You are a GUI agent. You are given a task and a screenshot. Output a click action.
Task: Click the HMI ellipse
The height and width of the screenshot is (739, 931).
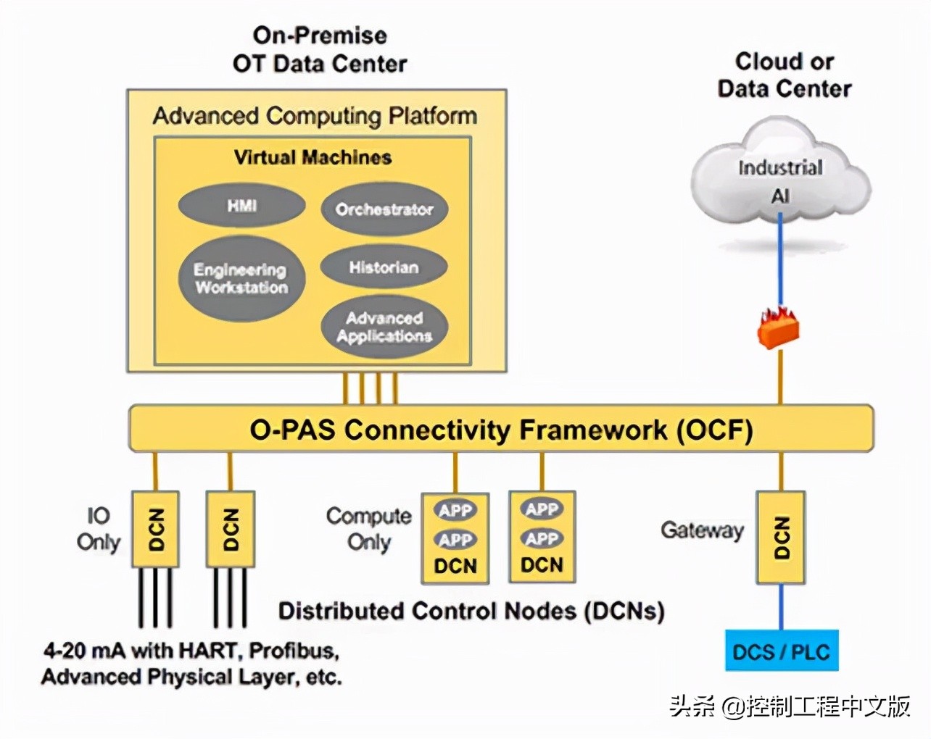pyautogui.click(x=241, y=206)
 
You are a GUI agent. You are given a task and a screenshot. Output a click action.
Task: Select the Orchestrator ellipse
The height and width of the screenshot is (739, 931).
pyautogui.click(x=384, y=209)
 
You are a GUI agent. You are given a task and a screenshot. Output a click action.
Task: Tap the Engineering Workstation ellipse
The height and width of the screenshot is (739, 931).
pyautogui.click(x=241, y=279)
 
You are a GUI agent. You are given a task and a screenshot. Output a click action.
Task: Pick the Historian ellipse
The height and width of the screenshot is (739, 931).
pyautogui.click(x=384, y=267)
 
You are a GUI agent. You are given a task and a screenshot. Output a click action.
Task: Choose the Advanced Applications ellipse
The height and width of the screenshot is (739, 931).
pyautogui.click(x=384, y=327)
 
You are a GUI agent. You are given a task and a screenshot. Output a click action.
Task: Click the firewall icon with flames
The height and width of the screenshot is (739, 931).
pyautogui.click(x=778, y=327)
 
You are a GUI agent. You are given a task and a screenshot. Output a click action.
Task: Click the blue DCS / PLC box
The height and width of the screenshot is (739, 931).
pyautogui.click(x=781, y=651)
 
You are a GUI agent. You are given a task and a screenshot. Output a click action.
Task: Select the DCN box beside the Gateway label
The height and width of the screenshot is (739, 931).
pyautogui.click(x=781, y=538)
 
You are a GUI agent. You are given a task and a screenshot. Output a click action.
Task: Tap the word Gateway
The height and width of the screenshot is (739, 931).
pyautogui.click(x=702, y=530)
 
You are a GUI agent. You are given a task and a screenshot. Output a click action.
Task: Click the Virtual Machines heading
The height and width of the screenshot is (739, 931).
pyautogui.click(x=313, y=157)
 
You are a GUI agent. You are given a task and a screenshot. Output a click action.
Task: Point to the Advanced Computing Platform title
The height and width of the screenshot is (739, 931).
pyautogui.click(x=315, y=116)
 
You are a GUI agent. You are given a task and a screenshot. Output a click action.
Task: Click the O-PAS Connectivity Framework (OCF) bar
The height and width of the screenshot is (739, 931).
pyautogui.click(x=501, y=429)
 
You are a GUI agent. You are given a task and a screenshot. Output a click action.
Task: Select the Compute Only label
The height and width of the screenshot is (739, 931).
pyautogui.click(x=368, y=529)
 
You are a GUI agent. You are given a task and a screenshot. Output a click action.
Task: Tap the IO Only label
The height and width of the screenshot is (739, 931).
pyautogui.click(x=99, y=529)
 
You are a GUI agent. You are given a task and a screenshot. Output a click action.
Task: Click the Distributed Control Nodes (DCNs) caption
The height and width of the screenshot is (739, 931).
pyautogui.click(x=471, y=611)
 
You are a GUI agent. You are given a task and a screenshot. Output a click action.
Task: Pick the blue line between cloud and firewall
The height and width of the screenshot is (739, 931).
pyautogui.click(x=780, y=261)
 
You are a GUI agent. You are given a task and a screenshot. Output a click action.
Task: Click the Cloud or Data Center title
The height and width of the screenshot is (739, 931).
pyautogui.click(x=785, y=75)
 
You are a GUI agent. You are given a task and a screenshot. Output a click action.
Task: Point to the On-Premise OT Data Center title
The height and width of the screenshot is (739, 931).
pyautogui.click(x=320, y=49)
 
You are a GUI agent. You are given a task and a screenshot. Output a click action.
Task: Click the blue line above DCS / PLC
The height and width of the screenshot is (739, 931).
pyautogui.click(x=781, y=607)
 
